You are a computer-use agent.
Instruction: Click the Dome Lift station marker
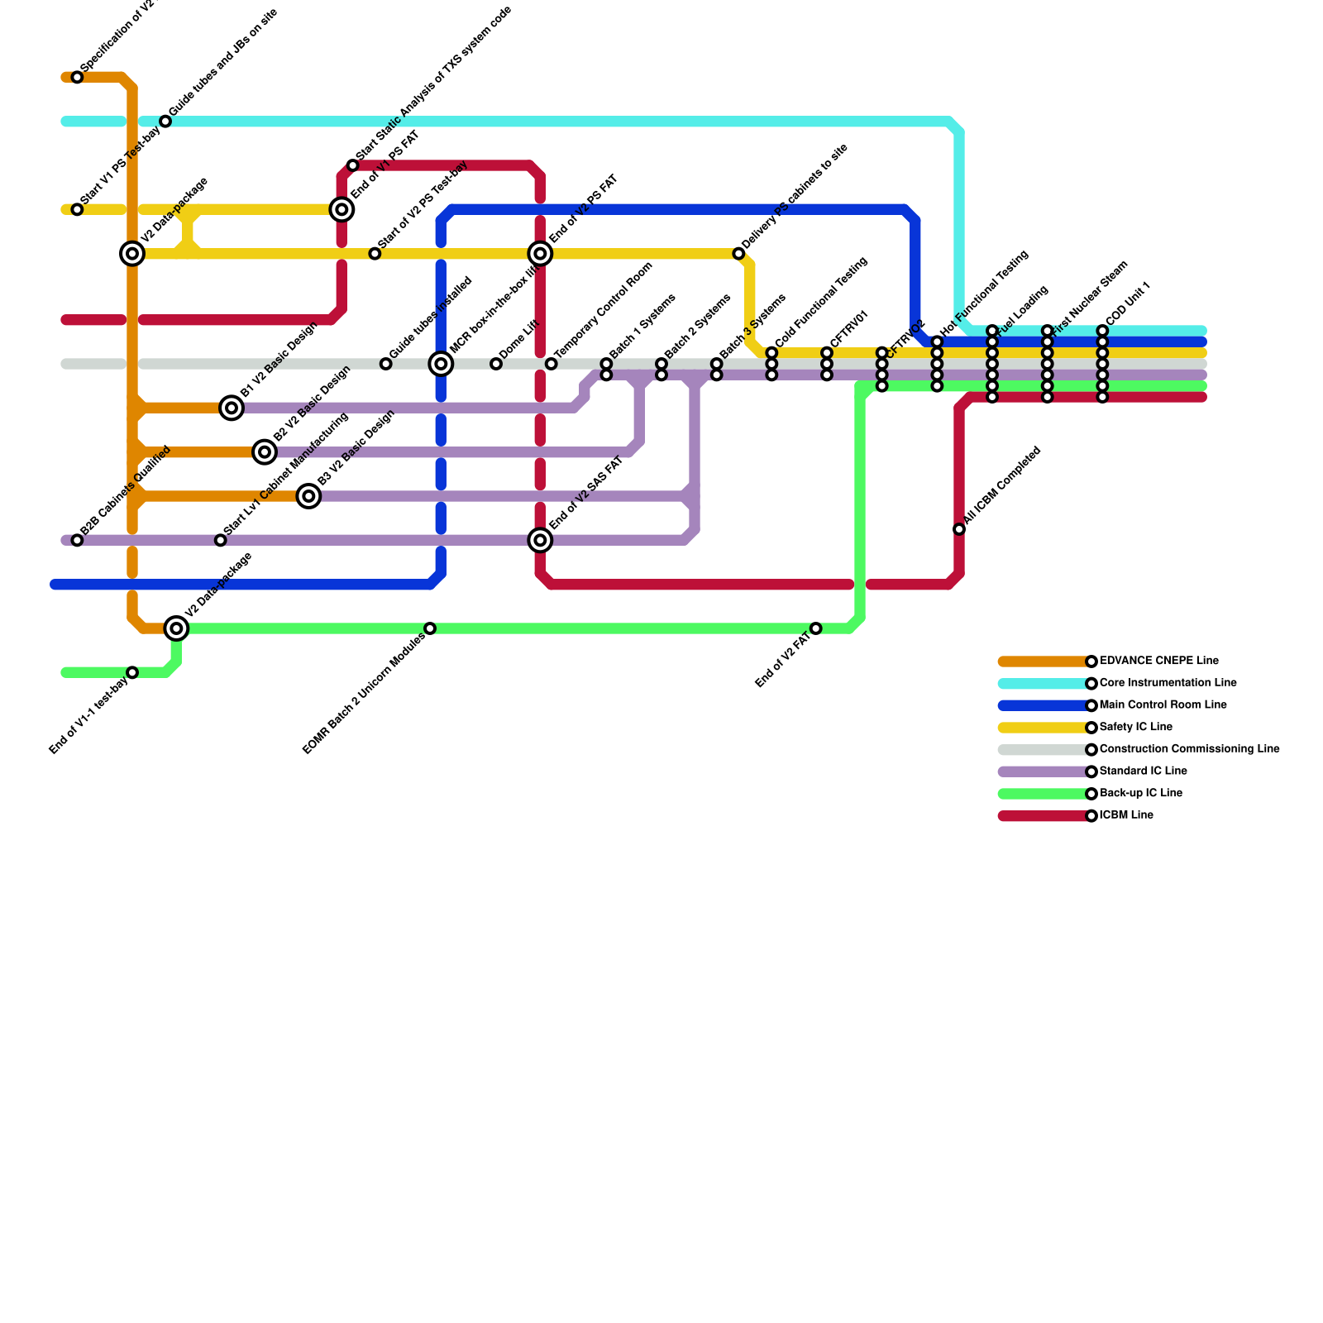coord(496,364)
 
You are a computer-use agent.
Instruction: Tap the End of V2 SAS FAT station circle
coord(540,540)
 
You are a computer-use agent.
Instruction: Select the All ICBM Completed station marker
coord(959,529)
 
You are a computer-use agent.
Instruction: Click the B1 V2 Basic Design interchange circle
coord(232,408)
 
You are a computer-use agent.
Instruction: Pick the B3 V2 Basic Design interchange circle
coord(308,496)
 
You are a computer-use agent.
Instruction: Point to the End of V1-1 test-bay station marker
coord(132,672)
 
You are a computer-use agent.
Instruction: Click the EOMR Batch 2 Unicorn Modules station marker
coord(430,628)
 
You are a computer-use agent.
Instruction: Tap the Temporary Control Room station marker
coord(551,364)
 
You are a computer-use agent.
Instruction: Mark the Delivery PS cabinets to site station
coord(738,254)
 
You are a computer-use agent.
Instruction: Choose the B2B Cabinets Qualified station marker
coord(77,540)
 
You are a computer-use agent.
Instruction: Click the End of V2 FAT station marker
coord(816,628)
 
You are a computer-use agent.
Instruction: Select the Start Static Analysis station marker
coord(353,165)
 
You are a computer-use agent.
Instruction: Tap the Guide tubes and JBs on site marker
coord(165,122)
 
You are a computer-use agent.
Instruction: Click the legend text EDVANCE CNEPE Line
coord(1158,661)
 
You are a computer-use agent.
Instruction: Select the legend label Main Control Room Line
coord(1163,705)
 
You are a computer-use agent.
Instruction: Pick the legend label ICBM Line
coord(1126,815)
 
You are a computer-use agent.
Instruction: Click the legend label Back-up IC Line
coord(1140,793)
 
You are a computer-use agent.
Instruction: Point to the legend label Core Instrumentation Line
coord(1168,683)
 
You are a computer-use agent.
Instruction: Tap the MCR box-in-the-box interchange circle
coord(441,364)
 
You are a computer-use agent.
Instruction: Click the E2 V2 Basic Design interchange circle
coord(265,451)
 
